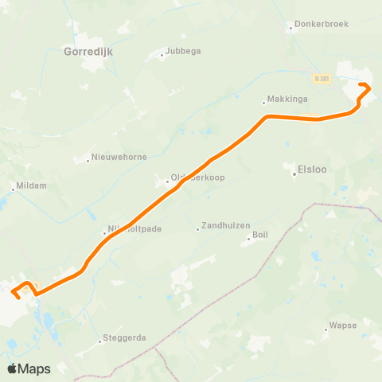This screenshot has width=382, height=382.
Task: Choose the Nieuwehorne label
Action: point(119,157)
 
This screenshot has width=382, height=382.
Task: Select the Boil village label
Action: point(260,235)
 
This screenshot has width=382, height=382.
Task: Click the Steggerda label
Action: point(127,337)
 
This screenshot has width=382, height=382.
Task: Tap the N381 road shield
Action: point(320,78)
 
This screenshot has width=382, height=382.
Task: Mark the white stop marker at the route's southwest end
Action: point(15,296)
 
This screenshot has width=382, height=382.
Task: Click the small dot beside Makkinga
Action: point(264,102)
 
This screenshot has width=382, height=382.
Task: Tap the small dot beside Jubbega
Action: point(162,56)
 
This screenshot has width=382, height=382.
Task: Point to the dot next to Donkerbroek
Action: point(291,25)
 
